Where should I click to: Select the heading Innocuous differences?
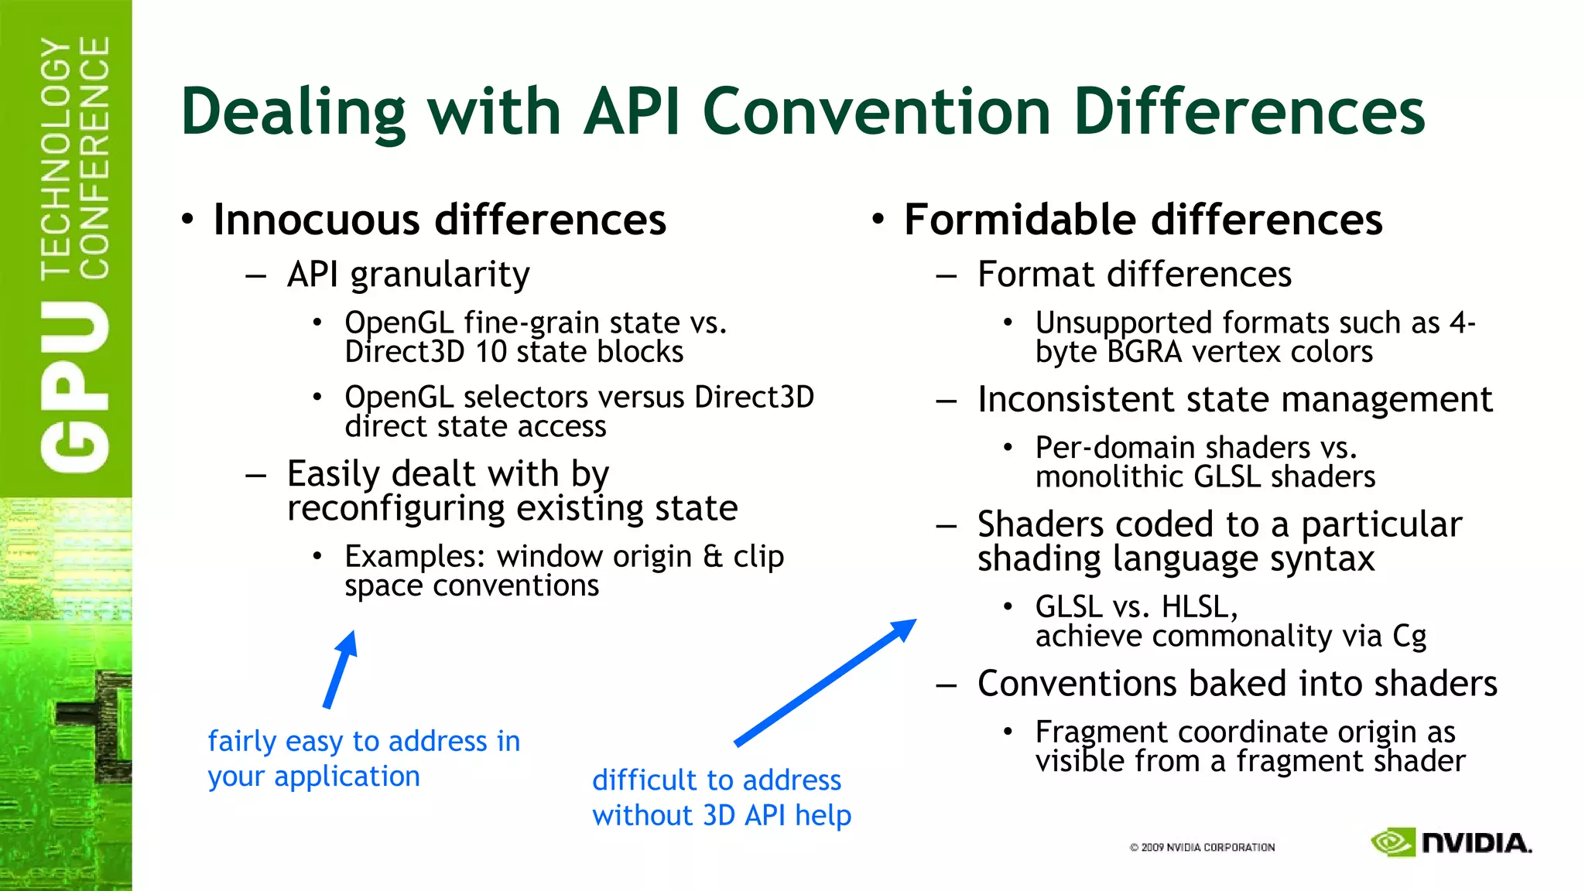click(x=439, y=220)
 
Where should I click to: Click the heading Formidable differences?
click(x=1142, y=220)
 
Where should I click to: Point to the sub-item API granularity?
click(x=408, y=275)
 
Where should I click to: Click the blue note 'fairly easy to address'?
click(x=364, y=759)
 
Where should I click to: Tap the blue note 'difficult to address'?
click(x=721, y=797)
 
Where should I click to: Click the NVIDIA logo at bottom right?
click(x=1450, y=842)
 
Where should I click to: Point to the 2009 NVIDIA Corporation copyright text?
click(x=1201, y=848)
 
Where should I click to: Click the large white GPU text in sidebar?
click(x=75, y=386)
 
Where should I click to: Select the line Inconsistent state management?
click(x=1234, y=400)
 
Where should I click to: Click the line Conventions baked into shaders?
click(x=1237, y=684)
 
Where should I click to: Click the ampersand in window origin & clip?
click(x=712, y=557)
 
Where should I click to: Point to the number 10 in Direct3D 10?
click(x=491, y=353)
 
